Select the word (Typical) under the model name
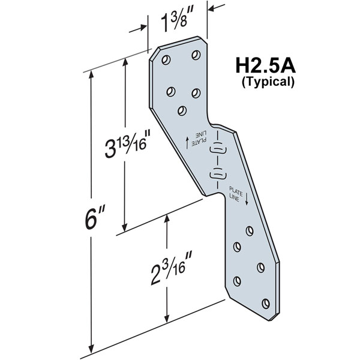tap(267, 82)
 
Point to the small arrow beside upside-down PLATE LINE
tap(188, 141)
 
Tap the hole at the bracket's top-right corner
tap(195, 55)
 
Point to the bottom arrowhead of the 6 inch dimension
tap(91, 350)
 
